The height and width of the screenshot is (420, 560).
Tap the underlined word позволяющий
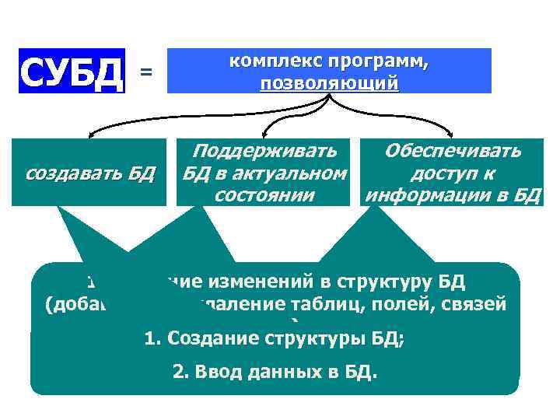(x=329, y=82)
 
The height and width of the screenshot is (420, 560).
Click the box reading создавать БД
(x=91, y=173)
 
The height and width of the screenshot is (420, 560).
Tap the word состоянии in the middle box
(x=264, y=194)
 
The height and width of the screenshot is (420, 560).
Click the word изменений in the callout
(x=278, y=282)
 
